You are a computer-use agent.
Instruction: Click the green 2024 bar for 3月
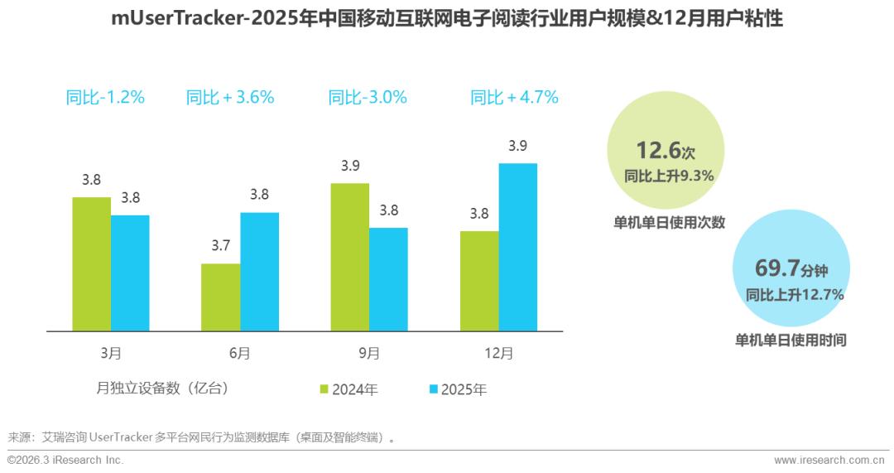91,263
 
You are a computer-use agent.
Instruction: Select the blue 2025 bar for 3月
130,273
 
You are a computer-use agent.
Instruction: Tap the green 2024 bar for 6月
220,297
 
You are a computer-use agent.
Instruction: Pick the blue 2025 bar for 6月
259,272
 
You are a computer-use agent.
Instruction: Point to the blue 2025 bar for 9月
388,279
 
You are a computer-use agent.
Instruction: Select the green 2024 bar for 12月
478,281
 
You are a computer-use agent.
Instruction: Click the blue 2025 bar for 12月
517,247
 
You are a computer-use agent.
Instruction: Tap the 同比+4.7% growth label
514,97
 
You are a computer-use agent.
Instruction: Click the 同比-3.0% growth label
368,97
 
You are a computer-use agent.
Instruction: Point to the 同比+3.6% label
230,97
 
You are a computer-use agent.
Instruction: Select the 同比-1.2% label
105,97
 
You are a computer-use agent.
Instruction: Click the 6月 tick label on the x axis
239,353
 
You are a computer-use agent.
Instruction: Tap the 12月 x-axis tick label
498,353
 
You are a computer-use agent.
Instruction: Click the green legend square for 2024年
324,389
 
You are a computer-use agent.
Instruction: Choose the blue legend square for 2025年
434,389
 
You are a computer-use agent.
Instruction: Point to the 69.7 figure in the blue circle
777,268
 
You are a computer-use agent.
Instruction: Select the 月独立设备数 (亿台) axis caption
162,387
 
